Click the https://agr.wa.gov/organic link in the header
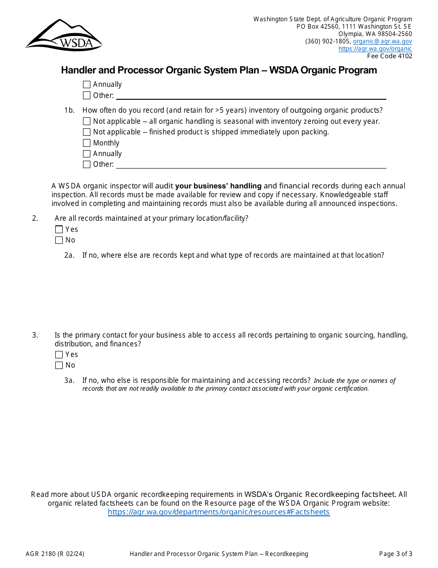375,48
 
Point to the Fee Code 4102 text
390,56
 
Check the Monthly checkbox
87,143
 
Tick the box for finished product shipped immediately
87,132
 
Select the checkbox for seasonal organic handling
87,121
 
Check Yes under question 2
59,230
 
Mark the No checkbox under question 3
59,365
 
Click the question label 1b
69,110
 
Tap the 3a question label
69,381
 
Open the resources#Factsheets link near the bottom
219,512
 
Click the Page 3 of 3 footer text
396,554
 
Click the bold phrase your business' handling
218,186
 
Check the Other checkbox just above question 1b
87,96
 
